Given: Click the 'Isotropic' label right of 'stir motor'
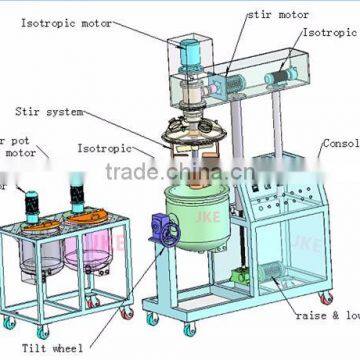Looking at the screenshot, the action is click(x=329, y=33).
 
